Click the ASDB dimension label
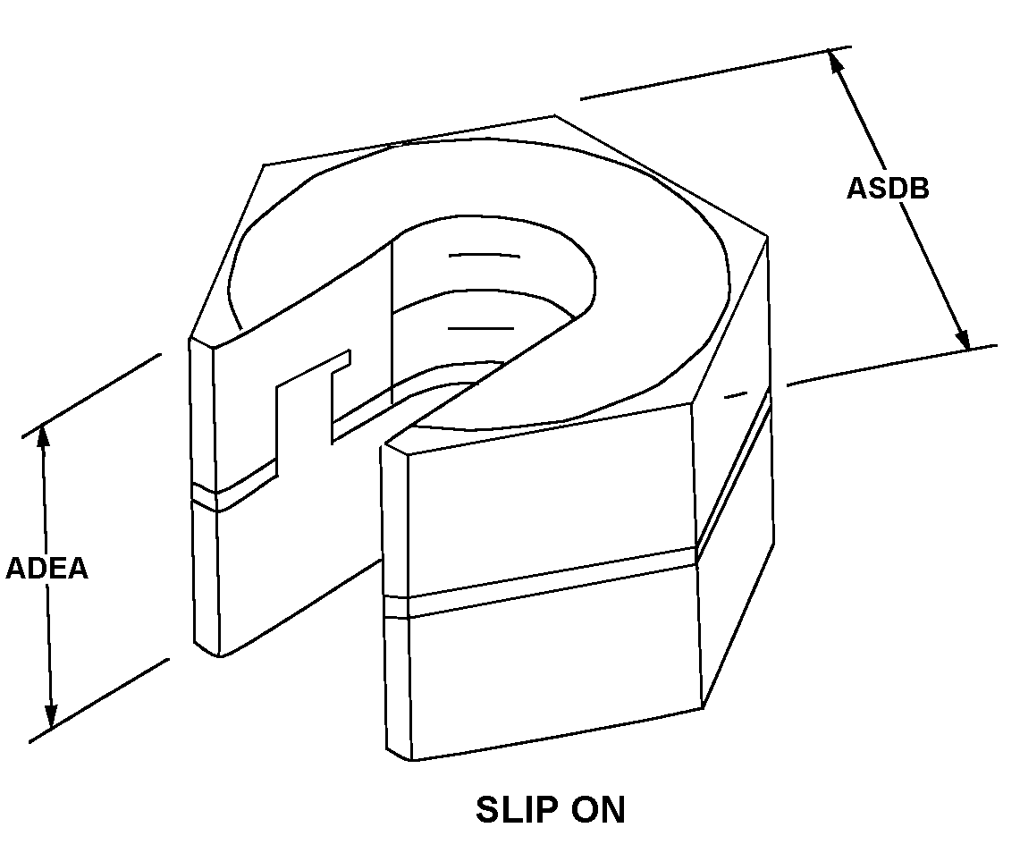coord(887,189)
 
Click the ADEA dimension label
coord(46,569)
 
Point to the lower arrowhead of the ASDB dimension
coord(961,338)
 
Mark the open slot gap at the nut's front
coord(358,501)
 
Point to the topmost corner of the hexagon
coord(554,115)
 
